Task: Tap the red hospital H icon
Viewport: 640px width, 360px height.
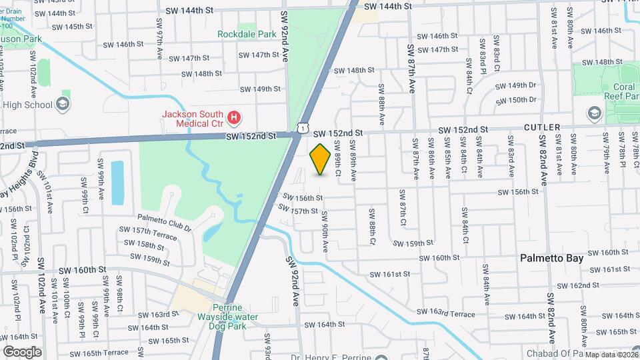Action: tap(234, 119)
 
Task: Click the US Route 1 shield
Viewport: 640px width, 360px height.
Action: tap(303, 127)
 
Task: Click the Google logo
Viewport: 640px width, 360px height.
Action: tap(22, 351)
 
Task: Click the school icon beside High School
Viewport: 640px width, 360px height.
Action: tap(63, 104)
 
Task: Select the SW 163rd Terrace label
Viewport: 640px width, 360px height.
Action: tap(446, 313)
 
